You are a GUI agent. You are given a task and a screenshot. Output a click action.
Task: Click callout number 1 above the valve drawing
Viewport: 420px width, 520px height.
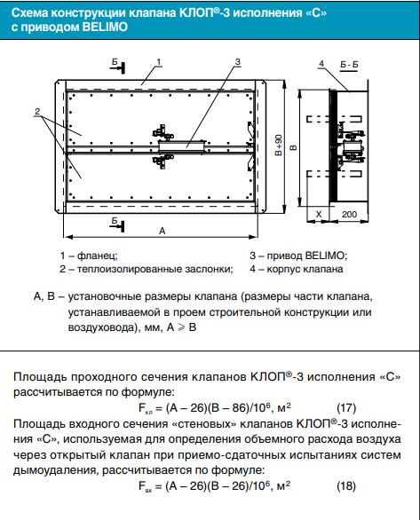tap(159, 62)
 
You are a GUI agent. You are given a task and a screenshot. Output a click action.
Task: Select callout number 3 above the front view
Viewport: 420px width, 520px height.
tap(238, 62)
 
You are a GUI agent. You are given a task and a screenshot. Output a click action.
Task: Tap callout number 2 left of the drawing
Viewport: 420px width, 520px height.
tap(37, 111)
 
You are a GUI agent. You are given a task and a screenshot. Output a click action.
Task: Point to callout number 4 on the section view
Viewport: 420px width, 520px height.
tap(321, 64)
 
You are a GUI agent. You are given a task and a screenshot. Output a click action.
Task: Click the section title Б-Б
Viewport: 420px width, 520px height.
tap(349, 65)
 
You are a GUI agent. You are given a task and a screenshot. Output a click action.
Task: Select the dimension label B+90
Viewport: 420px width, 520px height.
tap(279, 145)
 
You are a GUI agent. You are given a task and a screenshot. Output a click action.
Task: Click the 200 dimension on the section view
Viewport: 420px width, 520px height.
tap(349, 214)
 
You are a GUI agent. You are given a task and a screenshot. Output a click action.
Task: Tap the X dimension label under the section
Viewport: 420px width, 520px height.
tap(319, 214)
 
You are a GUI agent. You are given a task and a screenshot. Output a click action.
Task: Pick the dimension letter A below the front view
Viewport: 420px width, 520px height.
tap(162, 231)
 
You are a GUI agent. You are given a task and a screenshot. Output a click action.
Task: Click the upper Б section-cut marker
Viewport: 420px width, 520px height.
tap(117, 67)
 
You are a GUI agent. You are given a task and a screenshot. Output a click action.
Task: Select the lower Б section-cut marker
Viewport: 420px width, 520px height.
tap(117, 225)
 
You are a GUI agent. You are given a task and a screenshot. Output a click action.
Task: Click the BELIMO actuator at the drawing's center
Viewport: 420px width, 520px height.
tap(181, 146)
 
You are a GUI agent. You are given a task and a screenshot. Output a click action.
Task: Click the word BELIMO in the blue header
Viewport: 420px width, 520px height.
tap(105, 27)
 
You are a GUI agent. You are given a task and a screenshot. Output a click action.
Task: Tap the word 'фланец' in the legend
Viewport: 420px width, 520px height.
tap(97, 256)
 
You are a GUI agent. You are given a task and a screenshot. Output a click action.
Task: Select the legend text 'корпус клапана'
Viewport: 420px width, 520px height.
tap(305, 269)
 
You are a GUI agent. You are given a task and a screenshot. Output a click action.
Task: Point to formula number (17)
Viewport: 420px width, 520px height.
tap(346, 408)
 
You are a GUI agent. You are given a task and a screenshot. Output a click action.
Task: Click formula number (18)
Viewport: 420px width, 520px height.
tap(346, 486)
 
